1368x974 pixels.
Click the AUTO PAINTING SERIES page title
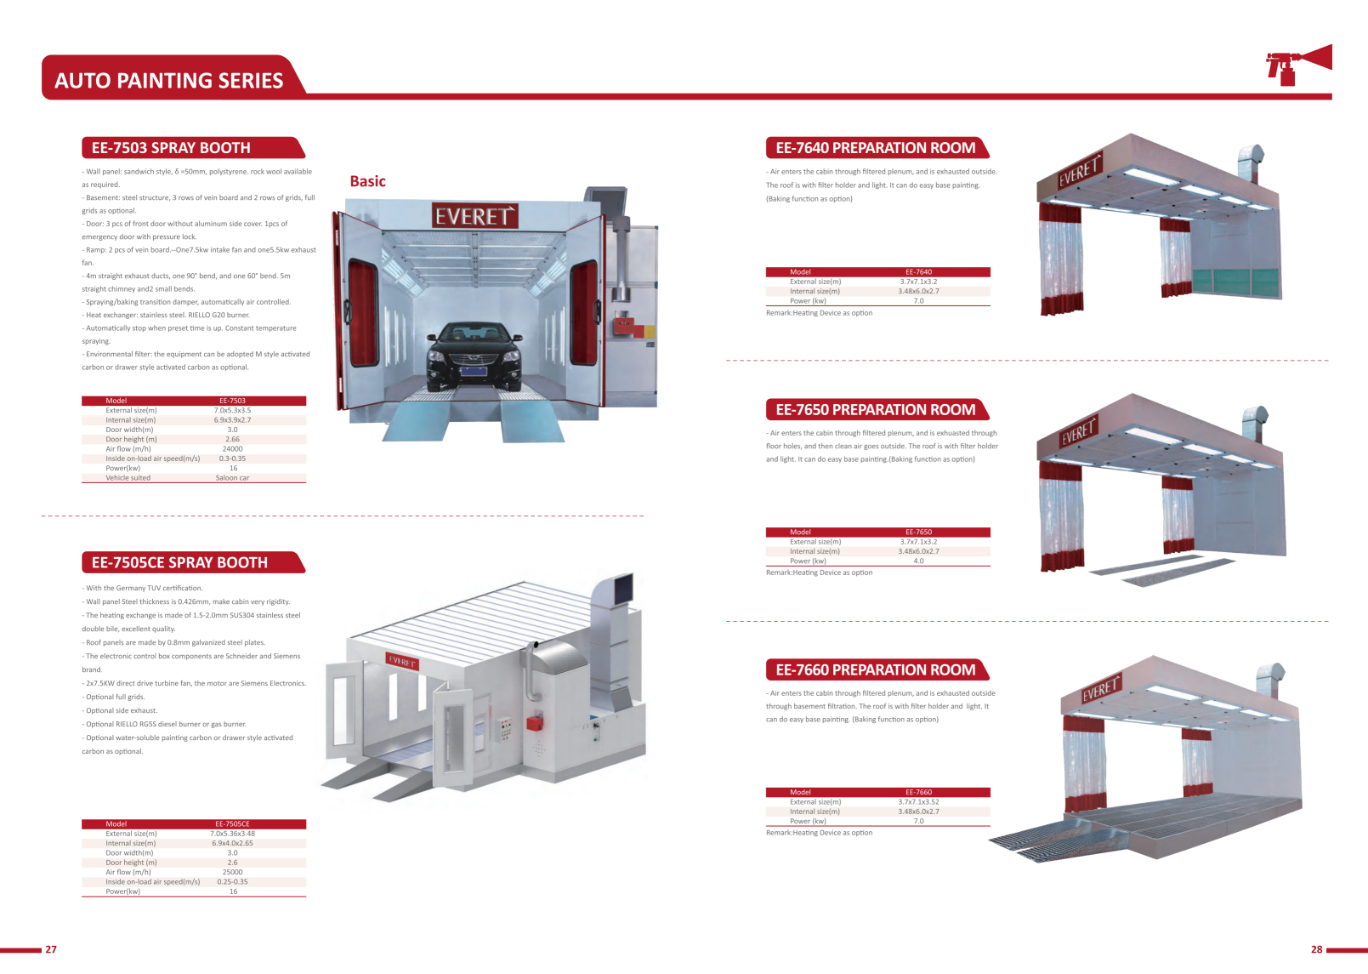coord(168,80)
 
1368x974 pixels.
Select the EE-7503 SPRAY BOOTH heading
coord(171,148)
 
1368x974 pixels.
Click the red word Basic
coord(367,181)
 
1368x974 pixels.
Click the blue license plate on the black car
coord(473,370)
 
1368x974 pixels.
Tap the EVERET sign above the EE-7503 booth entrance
coord(474,216)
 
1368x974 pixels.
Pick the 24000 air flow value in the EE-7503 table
coord(232,449)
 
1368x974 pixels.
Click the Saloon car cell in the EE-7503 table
coord(232,478)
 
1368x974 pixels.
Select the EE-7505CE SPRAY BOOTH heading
coord(179,562)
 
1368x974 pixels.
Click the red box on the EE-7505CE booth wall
coord(534,723)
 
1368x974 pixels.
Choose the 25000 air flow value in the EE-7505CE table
coord(232,872)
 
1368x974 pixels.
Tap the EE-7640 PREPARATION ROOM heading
coord(875,148)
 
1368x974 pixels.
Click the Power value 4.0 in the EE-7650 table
coord(918,561)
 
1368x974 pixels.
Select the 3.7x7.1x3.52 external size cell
coord(918,802)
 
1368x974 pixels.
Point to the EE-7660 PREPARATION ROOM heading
coord(875,670)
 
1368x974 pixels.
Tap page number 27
coord(51,949)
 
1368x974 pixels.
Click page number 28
coord(1316,949)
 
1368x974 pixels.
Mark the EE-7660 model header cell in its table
coord(918,792)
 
